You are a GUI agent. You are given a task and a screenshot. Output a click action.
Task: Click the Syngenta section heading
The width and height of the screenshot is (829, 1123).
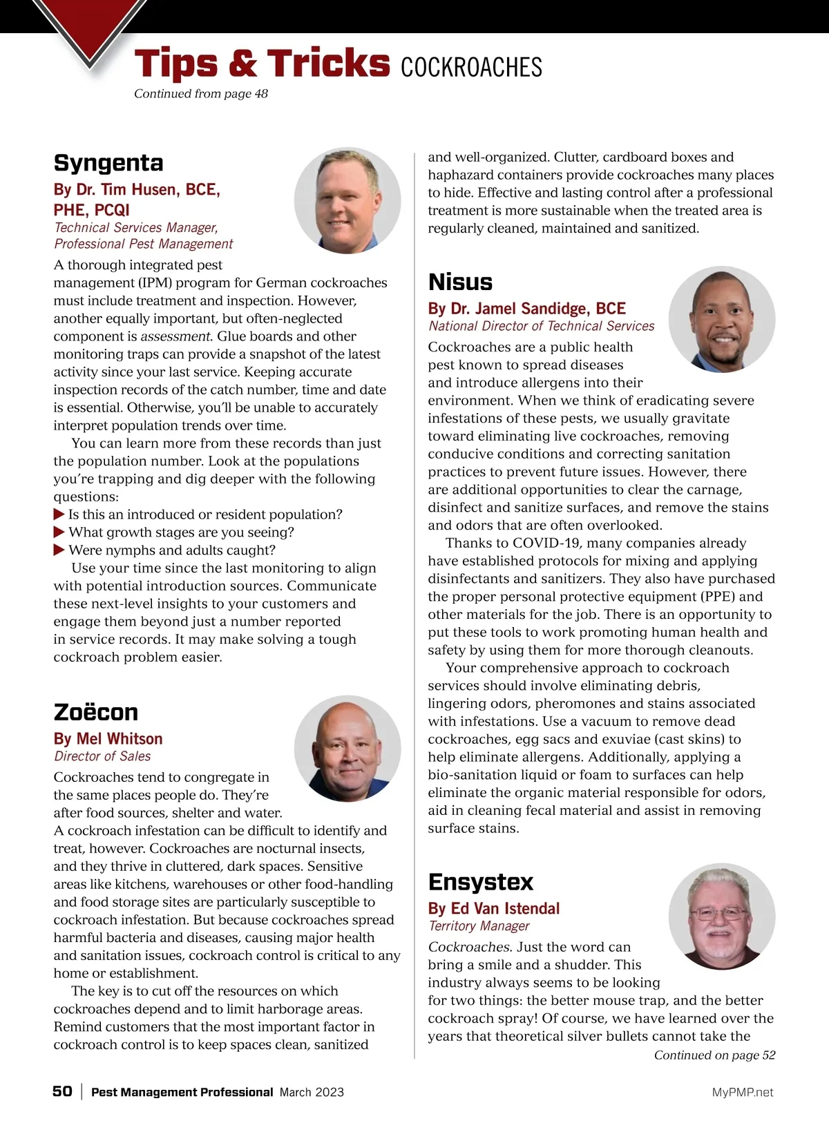tap(108, 163)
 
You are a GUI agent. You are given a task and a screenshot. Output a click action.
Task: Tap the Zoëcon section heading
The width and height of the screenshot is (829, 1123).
tap(96, 712)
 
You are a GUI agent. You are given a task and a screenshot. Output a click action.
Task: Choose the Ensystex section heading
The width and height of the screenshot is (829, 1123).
tap(481, 882)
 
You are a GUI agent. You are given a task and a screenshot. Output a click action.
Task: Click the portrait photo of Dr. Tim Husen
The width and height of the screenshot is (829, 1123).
tap(347, 200)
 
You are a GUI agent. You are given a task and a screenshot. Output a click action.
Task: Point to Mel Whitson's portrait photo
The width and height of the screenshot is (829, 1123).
tap(347, 749)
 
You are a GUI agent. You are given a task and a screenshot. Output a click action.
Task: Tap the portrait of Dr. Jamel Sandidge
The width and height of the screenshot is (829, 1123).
tap(722, 320)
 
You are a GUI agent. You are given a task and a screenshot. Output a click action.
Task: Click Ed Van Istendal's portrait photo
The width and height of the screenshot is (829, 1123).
tap(722, 916)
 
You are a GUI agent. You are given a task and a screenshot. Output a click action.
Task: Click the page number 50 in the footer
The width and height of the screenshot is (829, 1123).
tap(62, 1091)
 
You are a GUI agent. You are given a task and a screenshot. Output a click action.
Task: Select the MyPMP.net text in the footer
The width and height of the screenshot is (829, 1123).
tap(743, 1093)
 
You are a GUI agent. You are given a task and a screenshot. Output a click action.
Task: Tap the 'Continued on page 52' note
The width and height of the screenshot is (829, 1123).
tap(714, 1055)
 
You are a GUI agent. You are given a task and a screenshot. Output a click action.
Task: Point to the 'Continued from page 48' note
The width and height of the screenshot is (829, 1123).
tap(201, 94)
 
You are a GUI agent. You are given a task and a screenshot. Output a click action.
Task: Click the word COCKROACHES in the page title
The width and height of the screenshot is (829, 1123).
tap(471, 68)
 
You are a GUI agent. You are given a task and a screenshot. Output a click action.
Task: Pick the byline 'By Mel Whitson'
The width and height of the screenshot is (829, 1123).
tap(108, 739)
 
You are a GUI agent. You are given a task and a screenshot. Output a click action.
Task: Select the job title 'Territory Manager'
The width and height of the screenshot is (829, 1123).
tap(479, 926)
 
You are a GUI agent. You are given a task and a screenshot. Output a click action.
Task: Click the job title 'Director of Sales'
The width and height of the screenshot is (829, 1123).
tap(102, 756)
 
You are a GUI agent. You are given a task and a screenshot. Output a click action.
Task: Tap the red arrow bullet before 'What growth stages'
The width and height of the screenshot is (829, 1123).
tap(59, 532)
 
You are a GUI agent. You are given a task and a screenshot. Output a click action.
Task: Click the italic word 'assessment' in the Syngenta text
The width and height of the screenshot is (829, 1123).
tap(175, 337)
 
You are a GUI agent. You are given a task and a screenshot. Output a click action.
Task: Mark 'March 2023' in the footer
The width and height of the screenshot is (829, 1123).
tap(312, 1093)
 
